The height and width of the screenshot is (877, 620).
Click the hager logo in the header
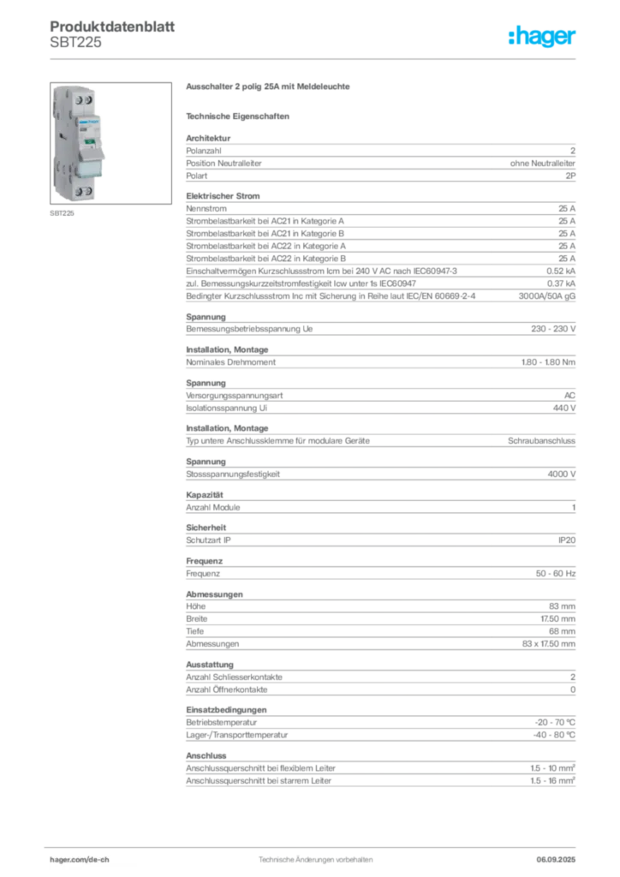pyautogui.click(x=541, y=37)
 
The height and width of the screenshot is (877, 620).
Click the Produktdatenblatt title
pyautogui.click(x=112, y=27)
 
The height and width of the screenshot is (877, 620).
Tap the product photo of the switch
pyautogui.click(x=110, y=143)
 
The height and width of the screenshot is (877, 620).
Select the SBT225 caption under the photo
pyautogui.click(x=62, y=213)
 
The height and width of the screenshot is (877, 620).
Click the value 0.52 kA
pyautogui.click(x=561, y=271)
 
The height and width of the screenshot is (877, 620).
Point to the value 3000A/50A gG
pyautogui.click(x=546, y=295)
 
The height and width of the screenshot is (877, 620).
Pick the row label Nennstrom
pyautogui.click(x=206, y=209)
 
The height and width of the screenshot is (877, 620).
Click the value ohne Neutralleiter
pyautogui.click(x=542, y=164)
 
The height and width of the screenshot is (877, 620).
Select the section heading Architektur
pyautogui.click(x=208, y=138)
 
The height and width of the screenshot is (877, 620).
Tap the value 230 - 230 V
pyautogui.click(x=553, y=329)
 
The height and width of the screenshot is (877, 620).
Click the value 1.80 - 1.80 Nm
pyautogui.click(x=548, y=362)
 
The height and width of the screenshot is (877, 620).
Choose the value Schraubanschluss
pyautogui.click(x=541, y=441)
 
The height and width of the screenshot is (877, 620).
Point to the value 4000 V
pyautogui.click(x=561, y=474)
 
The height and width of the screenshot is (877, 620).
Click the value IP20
pyautogui.click(x=567, y=540)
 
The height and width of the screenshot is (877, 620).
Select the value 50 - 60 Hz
pyautogui.click(x=555, y=573)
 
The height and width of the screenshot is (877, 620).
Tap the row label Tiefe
pyautogui.click(x=195, y=631)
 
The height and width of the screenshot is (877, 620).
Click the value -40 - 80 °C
pyautogui.click(x=554, y=735)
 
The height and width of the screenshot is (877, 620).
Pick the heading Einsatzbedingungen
pyautogui.click(x=226, y=710)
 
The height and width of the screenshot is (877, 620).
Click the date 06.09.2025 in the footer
pyautogui.click(x=556, y=860)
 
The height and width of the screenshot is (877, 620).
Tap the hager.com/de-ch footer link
pyautogui.click(x=80, y=860)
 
